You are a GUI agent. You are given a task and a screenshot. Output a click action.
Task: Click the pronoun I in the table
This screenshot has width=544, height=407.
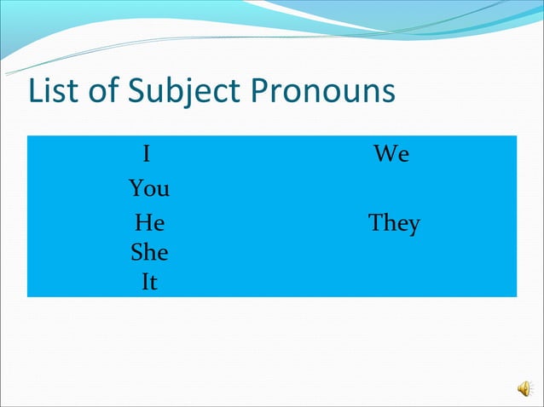tap(147, 154)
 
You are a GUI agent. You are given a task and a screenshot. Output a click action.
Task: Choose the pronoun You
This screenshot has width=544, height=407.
tap(149, 188)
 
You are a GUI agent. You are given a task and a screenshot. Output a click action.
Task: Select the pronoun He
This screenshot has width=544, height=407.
tap(149, 224)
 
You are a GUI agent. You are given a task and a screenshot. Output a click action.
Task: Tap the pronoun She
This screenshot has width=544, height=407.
tap(149, 253)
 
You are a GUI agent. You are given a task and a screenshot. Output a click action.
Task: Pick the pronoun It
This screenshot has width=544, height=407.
tap(149, 282)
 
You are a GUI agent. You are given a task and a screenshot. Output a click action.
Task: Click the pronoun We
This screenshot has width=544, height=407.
tap(391, 154)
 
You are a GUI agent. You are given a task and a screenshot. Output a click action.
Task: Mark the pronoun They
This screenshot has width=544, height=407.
tap(394, 225)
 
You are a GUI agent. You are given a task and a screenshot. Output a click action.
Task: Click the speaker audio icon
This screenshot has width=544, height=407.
tap(524, 388)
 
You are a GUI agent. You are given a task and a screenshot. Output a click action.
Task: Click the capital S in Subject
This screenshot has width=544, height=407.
tap(137, 91)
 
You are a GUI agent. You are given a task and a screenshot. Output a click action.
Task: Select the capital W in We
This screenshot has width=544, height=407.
tap(385, 154)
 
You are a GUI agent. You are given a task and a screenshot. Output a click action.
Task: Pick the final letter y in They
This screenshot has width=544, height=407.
tap(414, 227)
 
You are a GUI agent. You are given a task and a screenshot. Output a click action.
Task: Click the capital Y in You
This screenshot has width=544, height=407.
tap(136, 188)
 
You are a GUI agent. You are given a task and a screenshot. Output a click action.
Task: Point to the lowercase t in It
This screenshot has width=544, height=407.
tap(153, 283)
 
